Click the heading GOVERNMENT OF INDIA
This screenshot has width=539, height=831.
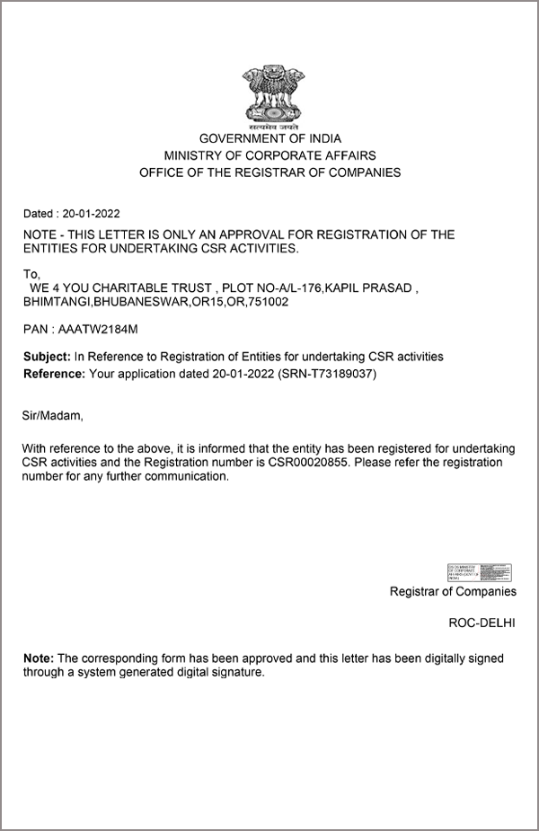click(269, 139)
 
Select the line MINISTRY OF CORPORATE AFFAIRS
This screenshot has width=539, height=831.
click(269, 155)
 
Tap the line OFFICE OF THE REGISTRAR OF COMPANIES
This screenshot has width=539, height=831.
click(269, 172)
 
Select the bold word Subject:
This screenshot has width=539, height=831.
click(47, 357)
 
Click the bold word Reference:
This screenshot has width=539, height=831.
click(54, 373)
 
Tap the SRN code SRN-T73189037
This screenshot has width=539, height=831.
click(328, 373)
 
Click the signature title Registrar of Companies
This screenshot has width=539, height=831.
click(453, 591)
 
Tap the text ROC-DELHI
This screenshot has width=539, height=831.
click(482, 623)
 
